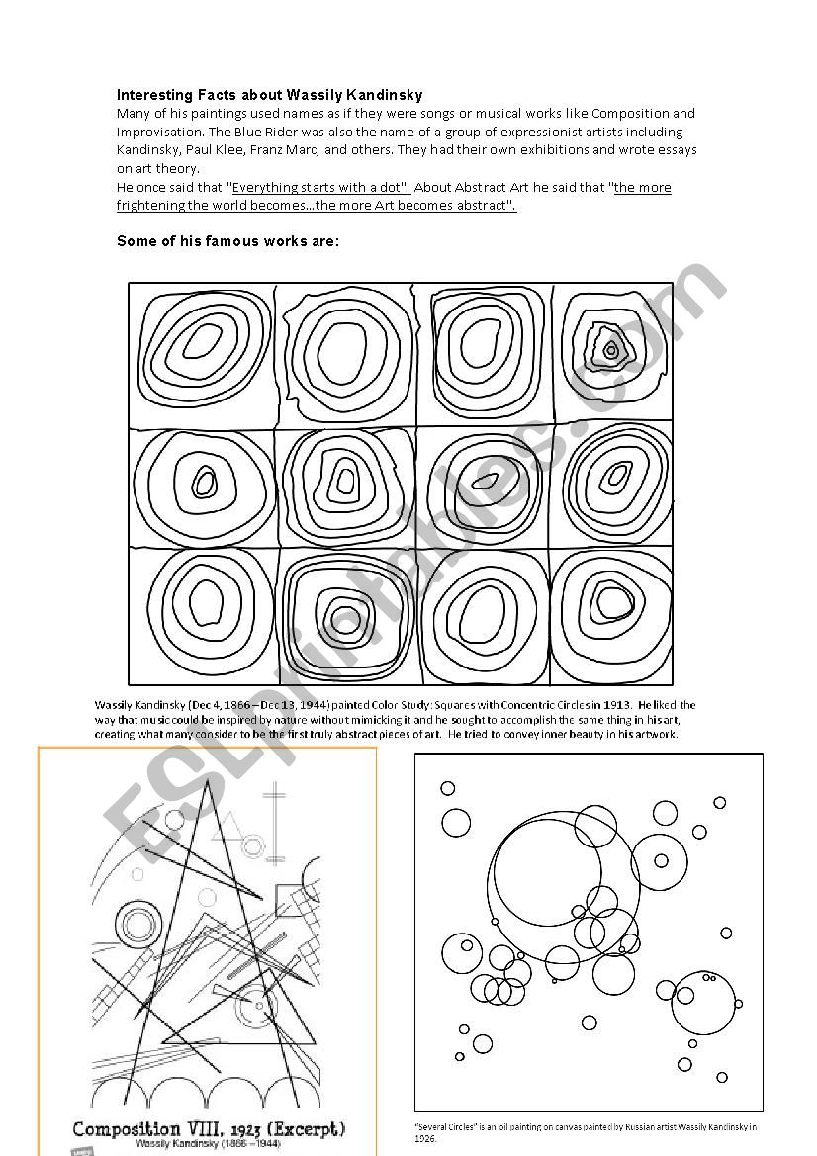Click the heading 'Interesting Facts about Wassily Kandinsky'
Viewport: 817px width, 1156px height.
[269, 95]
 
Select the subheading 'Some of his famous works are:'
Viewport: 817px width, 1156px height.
[227, 241]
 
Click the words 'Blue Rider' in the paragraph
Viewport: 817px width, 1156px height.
[249, 132]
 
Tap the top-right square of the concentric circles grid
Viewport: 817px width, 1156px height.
[611, 350]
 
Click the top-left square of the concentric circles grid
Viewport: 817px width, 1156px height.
[205, 352]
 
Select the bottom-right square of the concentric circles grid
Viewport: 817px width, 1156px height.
[610, 615]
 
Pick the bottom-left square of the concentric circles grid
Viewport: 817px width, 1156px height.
[205, 615]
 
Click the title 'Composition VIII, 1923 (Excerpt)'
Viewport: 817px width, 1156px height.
[209, 1128]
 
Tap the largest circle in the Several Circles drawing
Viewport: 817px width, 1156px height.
[547, 871]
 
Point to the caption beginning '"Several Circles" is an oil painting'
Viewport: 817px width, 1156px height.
[586, 1131]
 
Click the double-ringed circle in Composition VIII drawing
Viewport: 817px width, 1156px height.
[136, 926]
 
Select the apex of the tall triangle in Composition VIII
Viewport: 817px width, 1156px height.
[207, 781]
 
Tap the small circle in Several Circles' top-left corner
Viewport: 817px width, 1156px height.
[447, 788]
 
